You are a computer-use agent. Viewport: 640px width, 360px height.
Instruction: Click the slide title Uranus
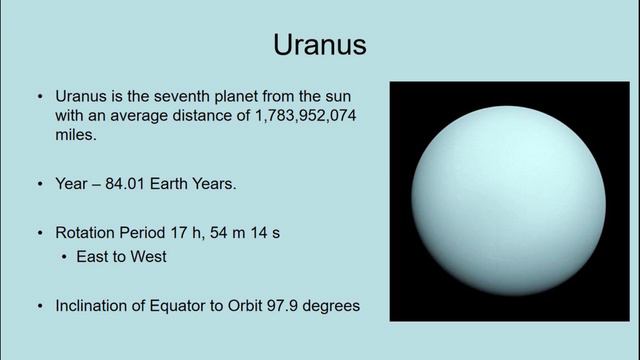coord(320,45)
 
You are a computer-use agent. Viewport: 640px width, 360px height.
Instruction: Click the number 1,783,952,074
coord(300,116)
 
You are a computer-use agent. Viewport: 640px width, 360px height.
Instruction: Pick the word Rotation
coord(86,233)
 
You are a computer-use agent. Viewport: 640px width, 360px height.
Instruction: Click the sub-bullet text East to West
coord(120,257)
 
